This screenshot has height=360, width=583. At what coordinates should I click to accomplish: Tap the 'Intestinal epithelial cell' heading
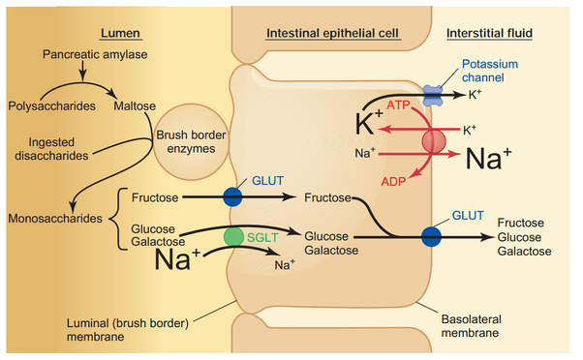(x=333, y=35)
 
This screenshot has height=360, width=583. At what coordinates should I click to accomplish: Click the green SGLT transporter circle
(x=233, y=236)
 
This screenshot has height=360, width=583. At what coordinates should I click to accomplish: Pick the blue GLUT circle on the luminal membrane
(x=232, y=196)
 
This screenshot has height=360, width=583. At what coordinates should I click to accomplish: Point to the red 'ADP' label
(x=395, y=181)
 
